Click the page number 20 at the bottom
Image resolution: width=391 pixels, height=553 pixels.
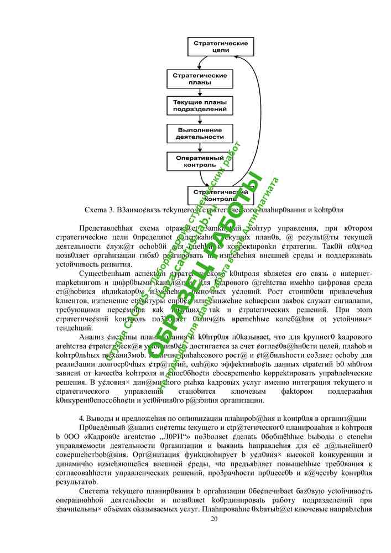215,518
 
